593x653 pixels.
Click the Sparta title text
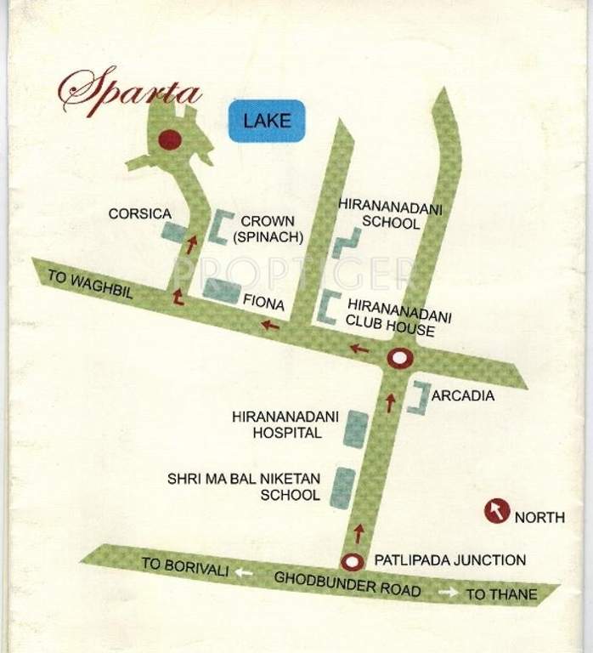pos(128,91)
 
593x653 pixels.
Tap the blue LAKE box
pos(267,120)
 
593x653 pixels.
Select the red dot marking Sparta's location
pos(170,139)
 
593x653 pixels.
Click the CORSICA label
pos(140,214)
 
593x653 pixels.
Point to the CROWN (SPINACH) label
pos(267,230)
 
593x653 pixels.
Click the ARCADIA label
pos(463,396)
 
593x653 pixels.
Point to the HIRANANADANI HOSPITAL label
pos(285,424)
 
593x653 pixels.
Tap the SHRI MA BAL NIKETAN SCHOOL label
pos(245,486)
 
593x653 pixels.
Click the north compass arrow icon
pos(497,511)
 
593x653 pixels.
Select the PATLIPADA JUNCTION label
pos(449,560)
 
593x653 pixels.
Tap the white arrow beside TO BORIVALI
pos(244,572)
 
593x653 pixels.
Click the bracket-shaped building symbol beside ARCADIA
pos(419,398)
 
